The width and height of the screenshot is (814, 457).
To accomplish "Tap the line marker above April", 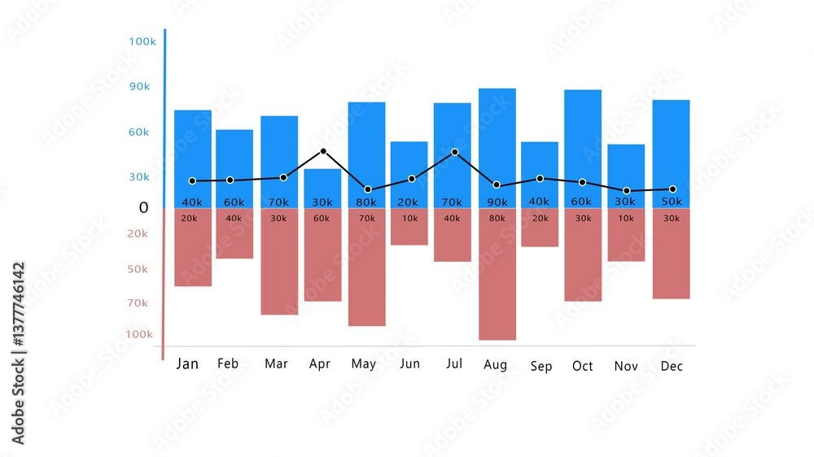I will pyautogui.click(x=323, y=151).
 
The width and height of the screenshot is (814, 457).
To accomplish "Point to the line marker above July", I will pyautogui.click(x=454, y=152).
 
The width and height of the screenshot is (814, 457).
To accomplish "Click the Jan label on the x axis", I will pyautogui.click(x=187, y=363).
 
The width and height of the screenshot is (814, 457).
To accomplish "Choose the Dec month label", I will pyautogui.click(x=672, y=366).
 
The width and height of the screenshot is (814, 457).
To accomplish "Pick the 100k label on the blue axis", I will pyautogui.click(x=142, y=41).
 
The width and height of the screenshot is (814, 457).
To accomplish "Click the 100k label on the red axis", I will pyautogui.click(x=138, y=333).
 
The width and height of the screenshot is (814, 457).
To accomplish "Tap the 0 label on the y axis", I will pyautogui.click(x=144, y=207).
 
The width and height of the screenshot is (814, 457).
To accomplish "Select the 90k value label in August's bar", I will pyautogui.click(x=496, y=202).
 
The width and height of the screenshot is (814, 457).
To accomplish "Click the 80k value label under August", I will pyautogui.click(x=496, y=218).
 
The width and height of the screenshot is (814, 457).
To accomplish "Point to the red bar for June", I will pyautogui.click(x=409, y=232).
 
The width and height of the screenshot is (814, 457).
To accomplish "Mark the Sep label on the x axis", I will pyautogui.click(x=541, y=366).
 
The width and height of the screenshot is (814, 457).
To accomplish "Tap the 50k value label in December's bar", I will pyautogui.click(x=672, y=202).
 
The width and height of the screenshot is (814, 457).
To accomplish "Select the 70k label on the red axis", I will pyautogui.click(x=137, y=302).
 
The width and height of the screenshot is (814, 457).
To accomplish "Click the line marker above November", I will pyautogui.click(x=626, y=190).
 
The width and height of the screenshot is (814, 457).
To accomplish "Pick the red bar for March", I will pyautogui.click(x=279, y=268).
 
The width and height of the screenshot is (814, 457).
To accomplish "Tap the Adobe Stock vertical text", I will pyautogui.click(x=18, y=353).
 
